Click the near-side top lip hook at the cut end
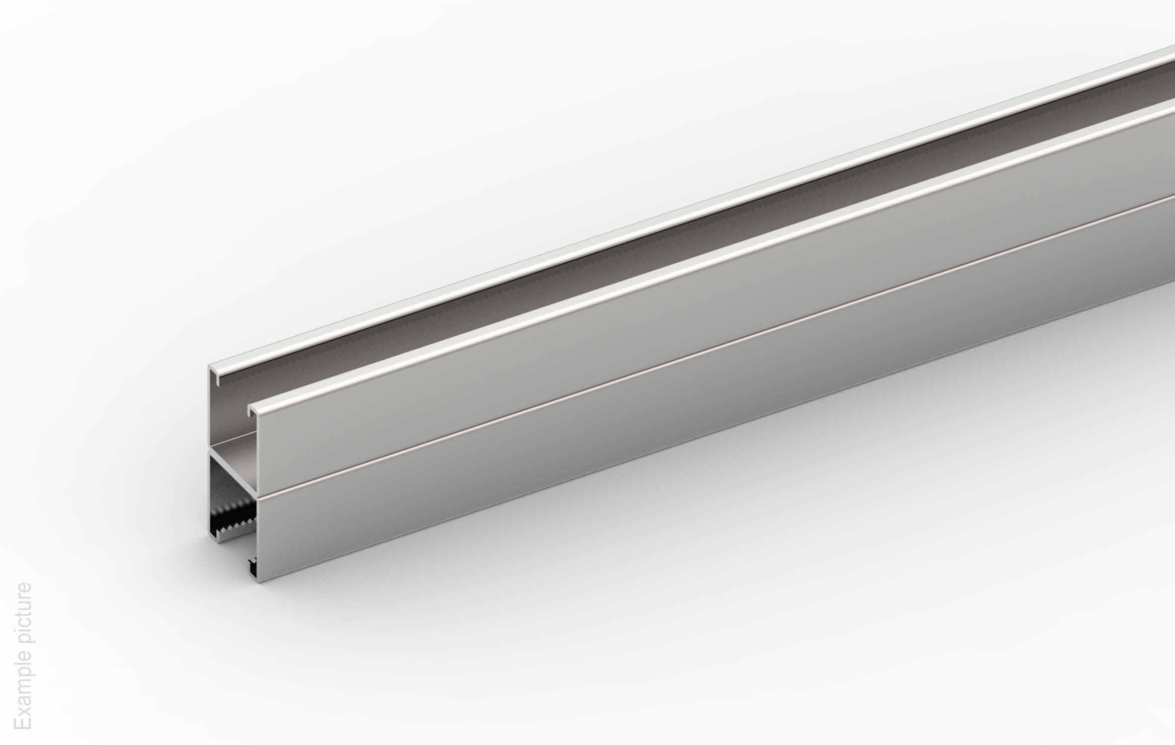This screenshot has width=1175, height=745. click(x=252, y=411)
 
